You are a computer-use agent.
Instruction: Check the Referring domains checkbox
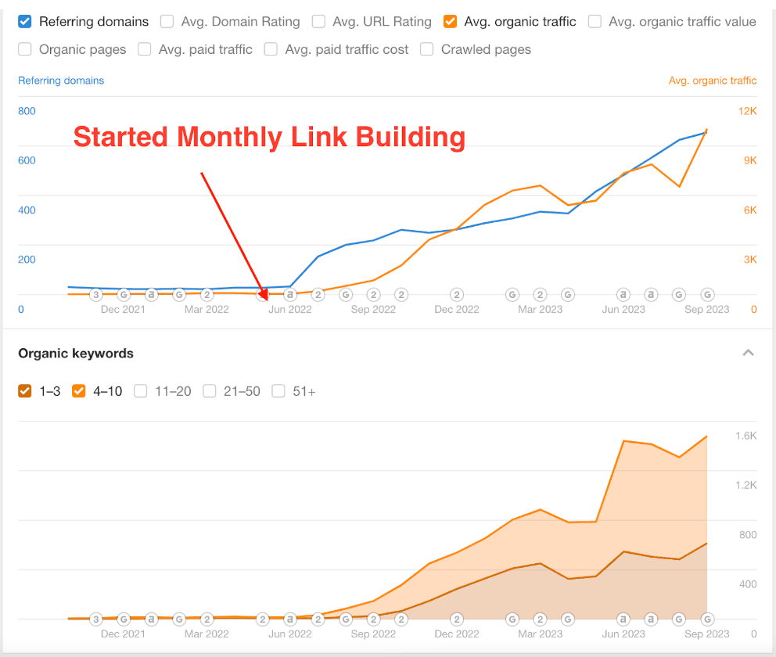(x=25, y=22)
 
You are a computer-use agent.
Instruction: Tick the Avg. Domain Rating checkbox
(x=167, y=22)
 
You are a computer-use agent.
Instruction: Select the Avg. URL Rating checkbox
(x=318, y=22)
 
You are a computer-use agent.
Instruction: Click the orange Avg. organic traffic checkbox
(x=450, y=22)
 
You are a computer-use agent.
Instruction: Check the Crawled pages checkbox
(x=427, y=50)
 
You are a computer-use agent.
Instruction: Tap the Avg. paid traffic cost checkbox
(x=271, y=50)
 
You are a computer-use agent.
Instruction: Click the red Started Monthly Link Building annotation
(x=269, y=137)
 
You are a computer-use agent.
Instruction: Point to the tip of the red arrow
(x=266, y=300)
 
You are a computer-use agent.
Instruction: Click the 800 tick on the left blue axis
(x=27, y=111)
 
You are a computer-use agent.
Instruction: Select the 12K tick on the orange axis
(x=747, y=111)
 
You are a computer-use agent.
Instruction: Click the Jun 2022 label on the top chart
(x=289, y=309)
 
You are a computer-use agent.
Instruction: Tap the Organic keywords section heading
(x=76, y=354)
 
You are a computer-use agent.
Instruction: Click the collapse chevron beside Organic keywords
(x=748, y=353)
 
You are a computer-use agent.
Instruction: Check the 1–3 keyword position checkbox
(x=25, y=391)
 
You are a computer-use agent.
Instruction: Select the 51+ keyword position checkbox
(x=278, y=391)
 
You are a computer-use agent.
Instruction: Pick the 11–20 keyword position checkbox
(x=140, y=391)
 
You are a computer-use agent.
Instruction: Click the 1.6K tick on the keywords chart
(x=745, y=436)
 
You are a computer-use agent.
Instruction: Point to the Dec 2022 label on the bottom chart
(x=457, y=634)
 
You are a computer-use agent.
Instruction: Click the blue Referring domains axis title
(x=61, y=81)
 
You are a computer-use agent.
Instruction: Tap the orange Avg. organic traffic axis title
(x=713, y=81)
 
